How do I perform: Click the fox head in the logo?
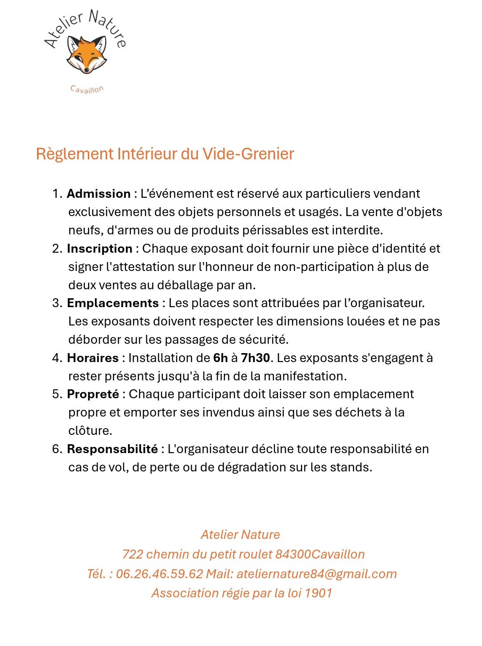coord(87,54)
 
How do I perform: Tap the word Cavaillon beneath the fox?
coord(87,89)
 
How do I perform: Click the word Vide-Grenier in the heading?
coord(248,154)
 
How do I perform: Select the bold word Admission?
coord(99,193)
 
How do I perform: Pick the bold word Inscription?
coord(100,248)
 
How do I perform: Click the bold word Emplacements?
coord(112,303)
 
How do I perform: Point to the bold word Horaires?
coord(93,358)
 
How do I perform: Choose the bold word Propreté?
coord(93,394)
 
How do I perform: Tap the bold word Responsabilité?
coord(112,449)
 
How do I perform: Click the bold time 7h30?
coord(255,358)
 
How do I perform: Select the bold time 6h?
coord(220,358)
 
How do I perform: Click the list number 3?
coord(56,303)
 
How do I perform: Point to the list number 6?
coord(56,449)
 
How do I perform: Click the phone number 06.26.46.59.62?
coord(159,574)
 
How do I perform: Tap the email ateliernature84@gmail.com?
coord(316,574)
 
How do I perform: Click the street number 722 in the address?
coord(133,554)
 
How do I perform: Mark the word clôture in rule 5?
coord(90,430)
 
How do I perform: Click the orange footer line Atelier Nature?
coord(240,534)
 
